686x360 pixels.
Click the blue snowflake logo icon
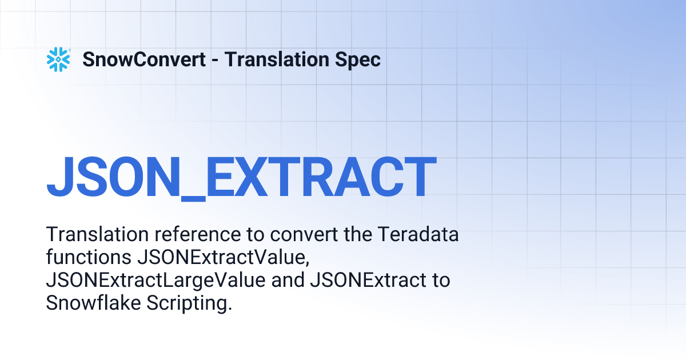pyautogui.click(x=58, y=59)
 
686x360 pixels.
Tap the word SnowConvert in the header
pyautogui.click(x=144, y=59)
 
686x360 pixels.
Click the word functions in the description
pyautogui.click(x=89, y=258)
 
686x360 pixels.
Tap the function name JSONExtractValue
pyautogui.click(x=223, y=258)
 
